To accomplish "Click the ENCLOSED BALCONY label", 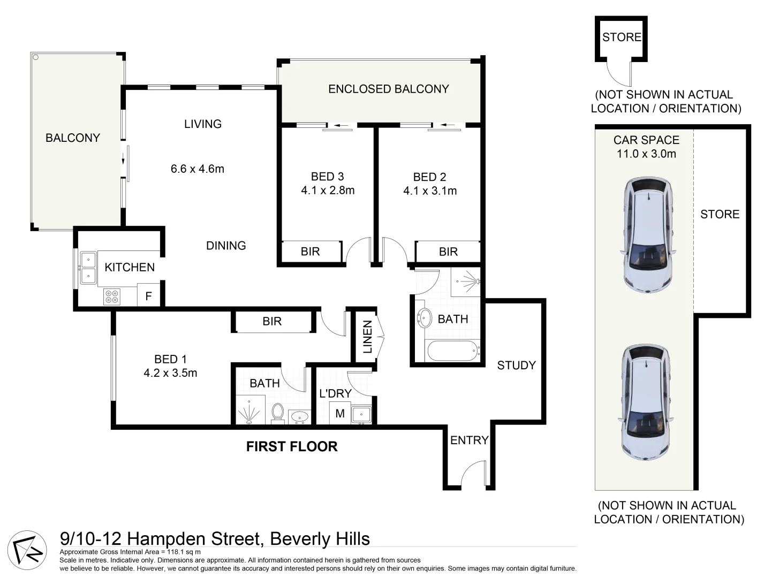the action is tap(388, 89).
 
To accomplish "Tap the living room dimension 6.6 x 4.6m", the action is tap(197, 169).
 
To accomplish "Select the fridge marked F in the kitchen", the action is tap(149, 296).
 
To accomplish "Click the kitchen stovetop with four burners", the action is tap(112, 296).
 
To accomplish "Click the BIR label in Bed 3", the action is tap(310, 252).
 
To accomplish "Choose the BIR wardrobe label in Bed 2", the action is tap(448, 252).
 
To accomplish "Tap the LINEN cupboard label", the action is tap(367, 337).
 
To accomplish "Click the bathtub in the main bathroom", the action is tap(453, 351).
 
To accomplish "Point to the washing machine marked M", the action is tap(340, 413).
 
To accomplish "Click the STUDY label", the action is tap(516, 366).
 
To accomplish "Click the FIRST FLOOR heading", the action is tap(292, 446).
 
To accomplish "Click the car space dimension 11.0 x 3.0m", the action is tap(646, 154).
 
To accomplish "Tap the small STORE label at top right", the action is tap(622, 37).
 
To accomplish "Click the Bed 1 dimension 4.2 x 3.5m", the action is tap(170, 373).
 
